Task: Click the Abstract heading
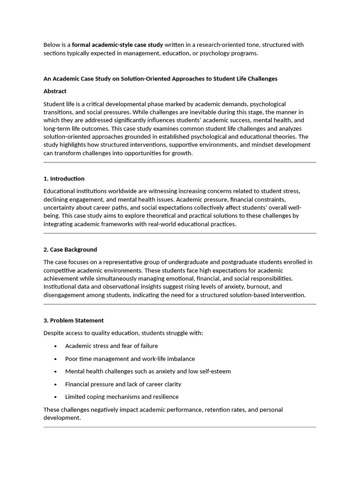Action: point(55,91)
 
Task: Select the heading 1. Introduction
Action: point(64,179)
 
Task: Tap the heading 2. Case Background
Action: point(70,249)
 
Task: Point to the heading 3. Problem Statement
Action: point(74,320)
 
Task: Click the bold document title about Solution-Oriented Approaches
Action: point(160,78)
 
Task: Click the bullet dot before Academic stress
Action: point(55,346)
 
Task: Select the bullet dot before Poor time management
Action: point(55,359)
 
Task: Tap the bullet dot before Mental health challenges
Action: point(55,371)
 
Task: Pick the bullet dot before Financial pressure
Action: point(55,384)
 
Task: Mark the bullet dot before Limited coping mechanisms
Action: point(55,397)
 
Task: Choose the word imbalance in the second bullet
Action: point(180,359)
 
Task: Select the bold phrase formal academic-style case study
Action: point(118,45)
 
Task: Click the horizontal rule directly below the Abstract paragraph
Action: point(180,162)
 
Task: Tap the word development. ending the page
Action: point(62,418)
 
